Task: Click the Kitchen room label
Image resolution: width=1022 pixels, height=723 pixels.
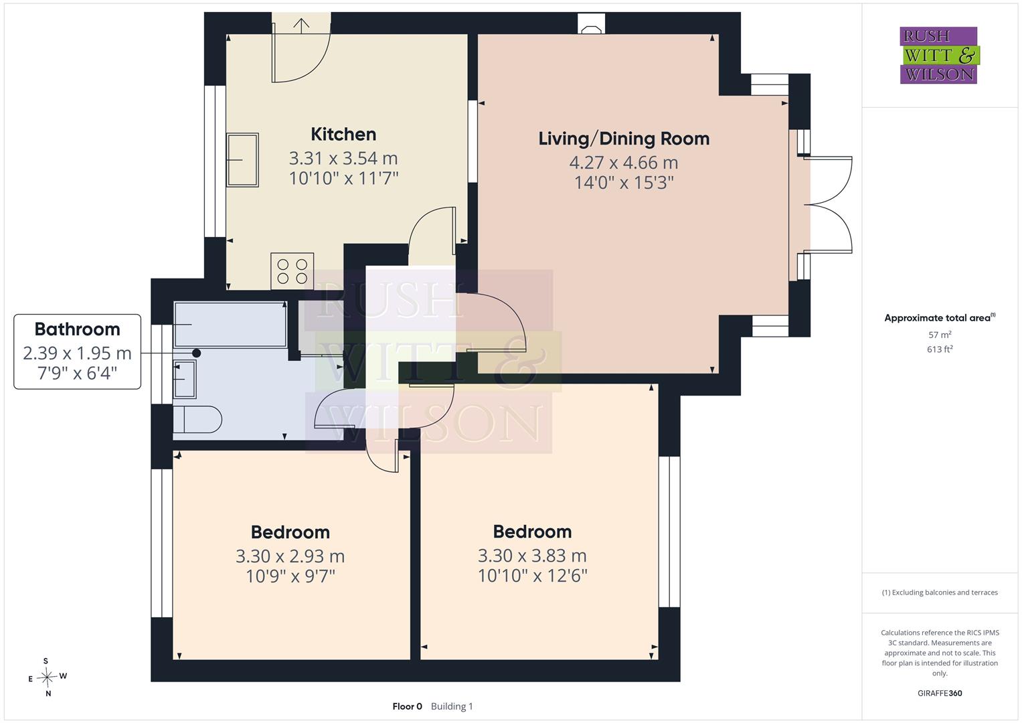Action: pos(343,134)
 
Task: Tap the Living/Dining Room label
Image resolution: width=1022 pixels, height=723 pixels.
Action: pos(624,139)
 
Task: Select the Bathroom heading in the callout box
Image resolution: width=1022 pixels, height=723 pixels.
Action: pos(77,329)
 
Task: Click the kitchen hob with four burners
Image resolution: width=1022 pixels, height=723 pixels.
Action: pos(292,271)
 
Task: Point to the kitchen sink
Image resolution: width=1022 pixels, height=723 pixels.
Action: pos(242,160)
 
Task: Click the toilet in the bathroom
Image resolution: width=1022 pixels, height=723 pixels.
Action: pos(197,419)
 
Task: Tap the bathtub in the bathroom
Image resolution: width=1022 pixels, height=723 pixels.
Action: pos(230,324)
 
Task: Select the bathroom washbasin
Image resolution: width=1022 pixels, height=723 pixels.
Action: pos(185,379)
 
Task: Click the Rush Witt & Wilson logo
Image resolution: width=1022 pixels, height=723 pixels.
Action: pos(940,55)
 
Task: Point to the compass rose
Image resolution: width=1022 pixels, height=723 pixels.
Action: pos(47,677)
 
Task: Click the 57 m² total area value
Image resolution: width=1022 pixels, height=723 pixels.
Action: pos(940,335)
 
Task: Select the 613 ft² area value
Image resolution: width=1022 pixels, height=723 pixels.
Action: pos(940,349)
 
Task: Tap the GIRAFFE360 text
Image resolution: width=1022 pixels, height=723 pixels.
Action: pos(940,693)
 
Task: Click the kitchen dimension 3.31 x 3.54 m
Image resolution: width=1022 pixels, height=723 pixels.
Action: pos(343,159)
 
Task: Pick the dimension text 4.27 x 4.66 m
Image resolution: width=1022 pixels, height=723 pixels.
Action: pos(624,163)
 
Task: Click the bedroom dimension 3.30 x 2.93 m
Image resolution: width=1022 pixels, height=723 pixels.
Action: pos(290,556)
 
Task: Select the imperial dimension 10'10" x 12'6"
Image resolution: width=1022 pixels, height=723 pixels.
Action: pos(533,576)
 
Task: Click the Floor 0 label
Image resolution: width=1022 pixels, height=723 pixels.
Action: pos(407,706)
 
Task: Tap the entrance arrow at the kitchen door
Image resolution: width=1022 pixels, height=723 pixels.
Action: pos(301,26)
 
